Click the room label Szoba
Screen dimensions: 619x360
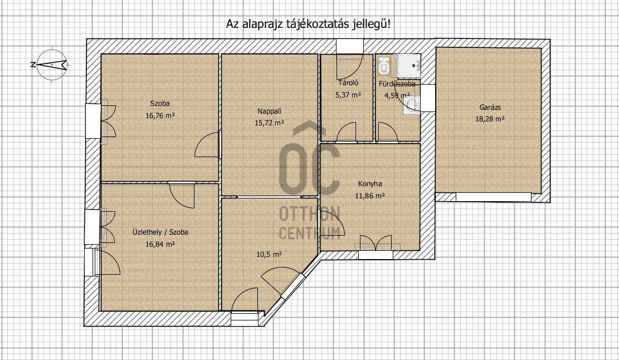160,104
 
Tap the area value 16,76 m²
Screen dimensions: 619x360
160,116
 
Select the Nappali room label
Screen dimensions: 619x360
269,111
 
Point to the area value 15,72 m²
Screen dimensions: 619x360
269,123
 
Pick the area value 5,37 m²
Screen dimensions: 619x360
348,95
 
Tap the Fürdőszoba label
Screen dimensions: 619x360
397,84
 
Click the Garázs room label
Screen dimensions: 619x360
490,107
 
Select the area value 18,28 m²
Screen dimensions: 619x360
490,119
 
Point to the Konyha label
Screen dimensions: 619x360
370,183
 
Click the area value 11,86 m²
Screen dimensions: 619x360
370,196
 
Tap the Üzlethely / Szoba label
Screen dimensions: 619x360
160,232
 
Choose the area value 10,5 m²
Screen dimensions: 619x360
269,254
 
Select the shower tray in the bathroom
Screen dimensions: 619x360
408,65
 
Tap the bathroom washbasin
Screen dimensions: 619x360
412,104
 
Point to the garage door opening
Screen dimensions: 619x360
494,197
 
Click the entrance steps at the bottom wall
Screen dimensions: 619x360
245,319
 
